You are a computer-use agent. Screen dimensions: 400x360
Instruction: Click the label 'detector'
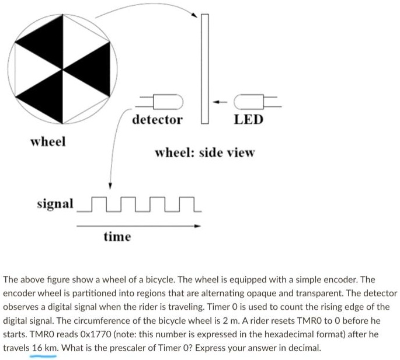tap(157, 120)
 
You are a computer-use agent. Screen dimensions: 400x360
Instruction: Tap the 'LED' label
tap(249, 120)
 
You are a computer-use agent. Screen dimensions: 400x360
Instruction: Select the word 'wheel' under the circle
tap(48, 141)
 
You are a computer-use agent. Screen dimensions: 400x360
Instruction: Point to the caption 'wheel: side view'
tap(204, 153)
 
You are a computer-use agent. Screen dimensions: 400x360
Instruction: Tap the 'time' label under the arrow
tap(117, 236)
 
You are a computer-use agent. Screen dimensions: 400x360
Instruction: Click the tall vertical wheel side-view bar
tap(204, 67)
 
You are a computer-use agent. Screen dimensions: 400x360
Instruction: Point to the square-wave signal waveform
tap(140, 205)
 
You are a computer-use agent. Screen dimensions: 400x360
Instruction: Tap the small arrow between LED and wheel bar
tap(220, 103)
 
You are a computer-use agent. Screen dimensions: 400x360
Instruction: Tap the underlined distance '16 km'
tap(44, 348)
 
